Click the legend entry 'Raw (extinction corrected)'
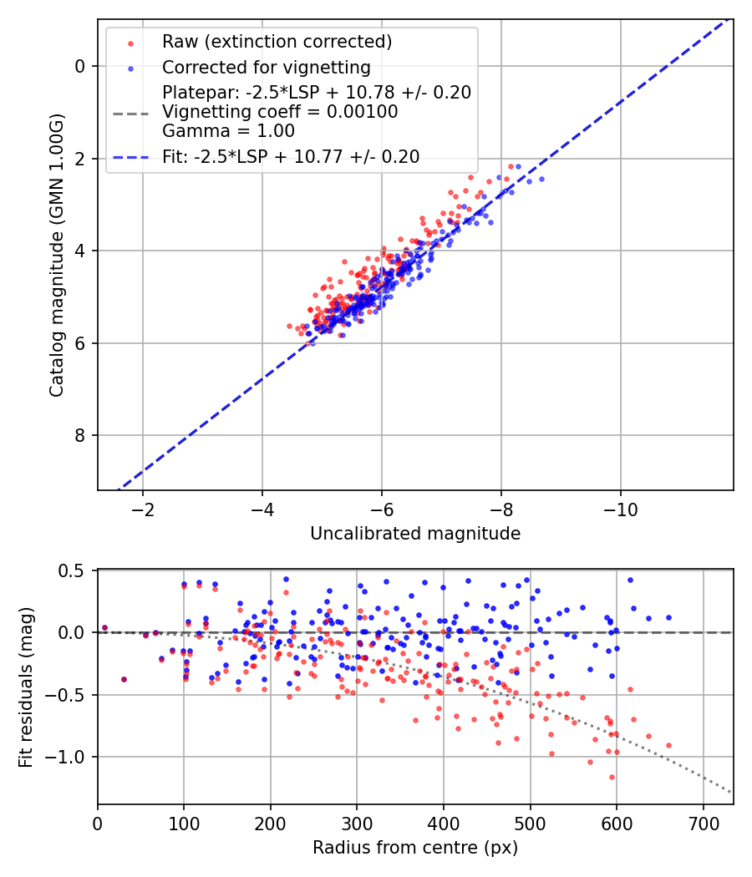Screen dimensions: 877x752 (x=277, y=42)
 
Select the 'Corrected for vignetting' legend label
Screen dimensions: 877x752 (x=266, y=67)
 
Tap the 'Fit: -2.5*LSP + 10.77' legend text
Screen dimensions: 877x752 (x=290, y=156)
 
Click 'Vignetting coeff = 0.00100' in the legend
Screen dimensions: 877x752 (x=280, y=112)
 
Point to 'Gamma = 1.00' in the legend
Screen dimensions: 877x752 (x=228, y=131)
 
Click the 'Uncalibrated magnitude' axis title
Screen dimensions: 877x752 (x=415, y=534)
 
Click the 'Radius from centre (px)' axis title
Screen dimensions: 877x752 (x=415, y=848)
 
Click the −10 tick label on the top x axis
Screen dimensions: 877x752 (x=620, y=509)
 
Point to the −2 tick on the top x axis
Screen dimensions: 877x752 (x=143, y=509)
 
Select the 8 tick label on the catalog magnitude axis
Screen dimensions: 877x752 (x=79, y=435)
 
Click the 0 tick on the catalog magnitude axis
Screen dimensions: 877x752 (x=79, y=66)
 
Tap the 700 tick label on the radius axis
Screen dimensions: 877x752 (x=703, y=824)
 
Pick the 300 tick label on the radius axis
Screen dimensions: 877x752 (x=357, y=824)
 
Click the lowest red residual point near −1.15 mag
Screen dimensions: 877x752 (x=612, y=777)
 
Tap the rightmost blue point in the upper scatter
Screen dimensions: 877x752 (x=541, y=179)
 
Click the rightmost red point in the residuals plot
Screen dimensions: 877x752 (x=668, y=745)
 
